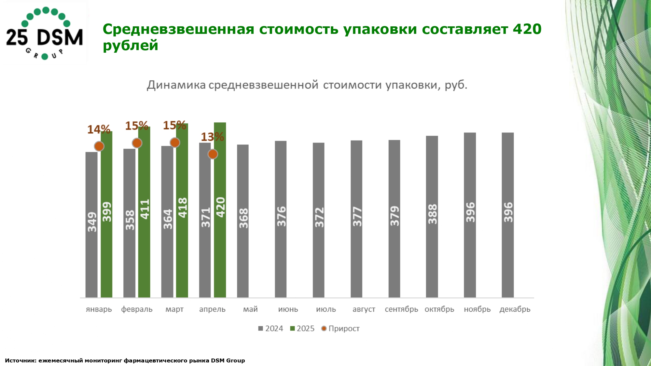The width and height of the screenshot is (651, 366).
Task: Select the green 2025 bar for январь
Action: tap(106, 215)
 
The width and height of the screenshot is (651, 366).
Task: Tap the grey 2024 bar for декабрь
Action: tap(507, 215)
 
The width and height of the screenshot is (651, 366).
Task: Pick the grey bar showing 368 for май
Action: tap(243, 221)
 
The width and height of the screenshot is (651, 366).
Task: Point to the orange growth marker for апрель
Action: tap(213, 154)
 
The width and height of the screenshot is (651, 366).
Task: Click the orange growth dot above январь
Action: tap(99, 146)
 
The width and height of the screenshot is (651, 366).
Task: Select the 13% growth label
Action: tap(212, 137)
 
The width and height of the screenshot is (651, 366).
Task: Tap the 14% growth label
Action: tap(99, 129)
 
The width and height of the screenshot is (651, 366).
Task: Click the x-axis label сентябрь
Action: tap(401, 309)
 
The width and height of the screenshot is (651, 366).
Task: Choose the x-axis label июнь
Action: tap(288, 309)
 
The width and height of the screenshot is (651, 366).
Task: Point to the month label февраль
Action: tap(137, 309)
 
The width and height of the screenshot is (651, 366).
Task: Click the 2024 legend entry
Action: tap(270, 329)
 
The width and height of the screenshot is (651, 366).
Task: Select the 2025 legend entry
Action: tap(302, 329)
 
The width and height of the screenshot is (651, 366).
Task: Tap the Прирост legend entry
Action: tap(340, 329)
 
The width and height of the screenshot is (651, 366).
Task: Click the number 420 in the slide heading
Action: tap(527, 29)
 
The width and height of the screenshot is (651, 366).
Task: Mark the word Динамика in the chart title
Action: tap(176, 85)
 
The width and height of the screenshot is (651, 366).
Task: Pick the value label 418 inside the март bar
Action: tap(182, 208)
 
